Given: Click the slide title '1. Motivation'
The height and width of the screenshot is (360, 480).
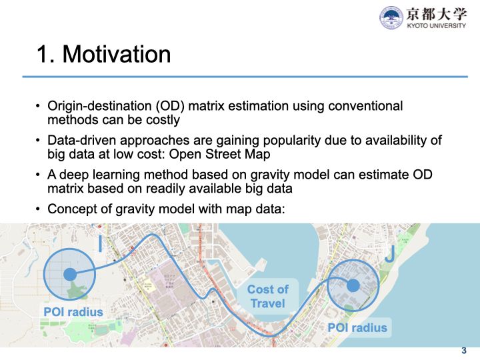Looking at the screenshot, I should tap(103, 54).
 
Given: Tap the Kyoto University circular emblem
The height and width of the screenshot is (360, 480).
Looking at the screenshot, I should tap(391, 17).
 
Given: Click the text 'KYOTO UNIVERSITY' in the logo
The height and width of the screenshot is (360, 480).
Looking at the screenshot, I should tap(437, 26).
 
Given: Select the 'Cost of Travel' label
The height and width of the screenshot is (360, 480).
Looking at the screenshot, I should tap(267, 297).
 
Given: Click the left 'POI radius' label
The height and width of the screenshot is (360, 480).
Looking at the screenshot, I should tap(73, 312).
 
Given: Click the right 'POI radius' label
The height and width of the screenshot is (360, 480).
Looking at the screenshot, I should tap(357, 327).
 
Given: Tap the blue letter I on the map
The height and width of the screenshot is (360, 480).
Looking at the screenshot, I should tap(100, 244).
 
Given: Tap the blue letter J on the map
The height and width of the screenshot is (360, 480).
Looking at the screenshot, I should tap(390, 254).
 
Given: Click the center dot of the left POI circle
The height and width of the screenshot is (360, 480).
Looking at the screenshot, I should tap(69, 273).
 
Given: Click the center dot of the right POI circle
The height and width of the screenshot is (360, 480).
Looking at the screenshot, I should tap(353, 285).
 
